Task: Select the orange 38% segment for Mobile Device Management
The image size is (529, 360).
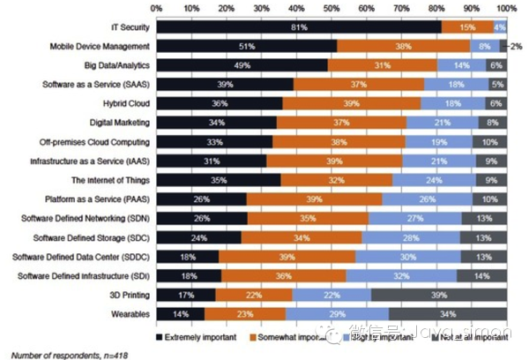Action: pos(401,47)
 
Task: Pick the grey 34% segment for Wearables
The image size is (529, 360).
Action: pos(448,313)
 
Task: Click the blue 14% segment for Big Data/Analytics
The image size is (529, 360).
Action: pos(461,65)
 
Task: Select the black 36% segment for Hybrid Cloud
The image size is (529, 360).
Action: pos(224,103)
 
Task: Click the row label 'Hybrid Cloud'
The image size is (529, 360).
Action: pos(125,103)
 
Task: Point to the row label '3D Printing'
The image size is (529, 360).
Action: pos(129,295)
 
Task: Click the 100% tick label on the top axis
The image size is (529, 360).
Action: pos(505,7)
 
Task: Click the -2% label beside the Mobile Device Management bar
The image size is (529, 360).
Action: pos(516,47)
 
